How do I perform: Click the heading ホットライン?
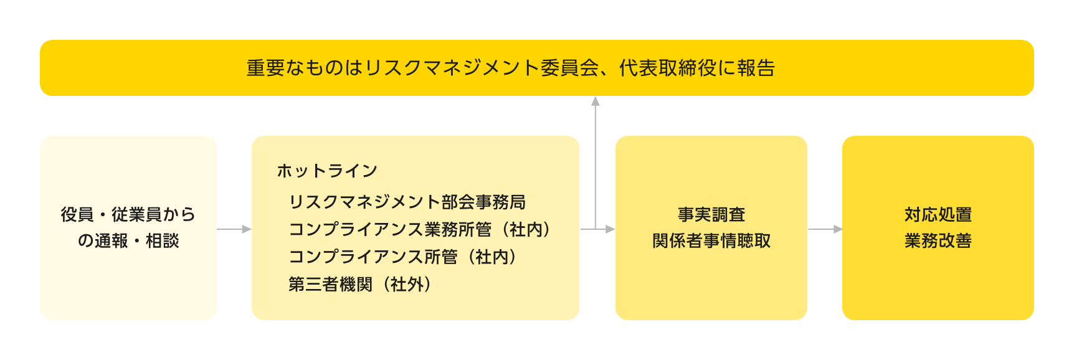[327, 171]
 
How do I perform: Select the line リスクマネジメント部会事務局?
[407, 202]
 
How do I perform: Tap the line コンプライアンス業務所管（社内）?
[420, 229]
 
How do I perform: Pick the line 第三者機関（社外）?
[359, 284]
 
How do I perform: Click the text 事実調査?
[711, 214]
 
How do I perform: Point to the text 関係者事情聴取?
[711, 240]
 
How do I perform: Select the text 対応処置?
[938, 214]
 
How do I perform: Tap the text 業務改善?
[938, 240]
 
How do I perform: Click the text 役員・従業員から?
[128, 214]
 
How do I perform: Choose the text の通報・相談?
[128, 240]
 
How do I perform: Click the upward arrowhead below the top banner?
[596, 101]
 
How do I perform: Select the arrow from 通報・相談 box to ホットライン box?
[234, 229]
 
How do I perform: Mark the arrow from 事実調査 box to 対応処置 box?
[825, 229]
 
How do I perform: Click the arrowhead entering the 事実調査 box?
[610, 229]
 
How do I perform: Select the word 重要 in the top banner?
[266, 68]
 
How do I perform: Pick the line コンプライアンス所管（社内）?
[402, 257]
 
